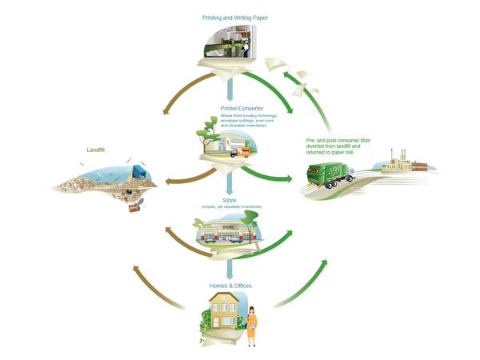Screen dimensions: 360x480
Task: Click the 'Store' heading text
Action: [x=230, y=200]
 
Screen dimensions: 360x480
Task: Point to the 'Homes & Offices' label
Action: [x=230, y=283]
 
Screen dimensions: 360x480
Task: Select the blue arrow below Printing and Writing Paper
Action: [x=230, y=86]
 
